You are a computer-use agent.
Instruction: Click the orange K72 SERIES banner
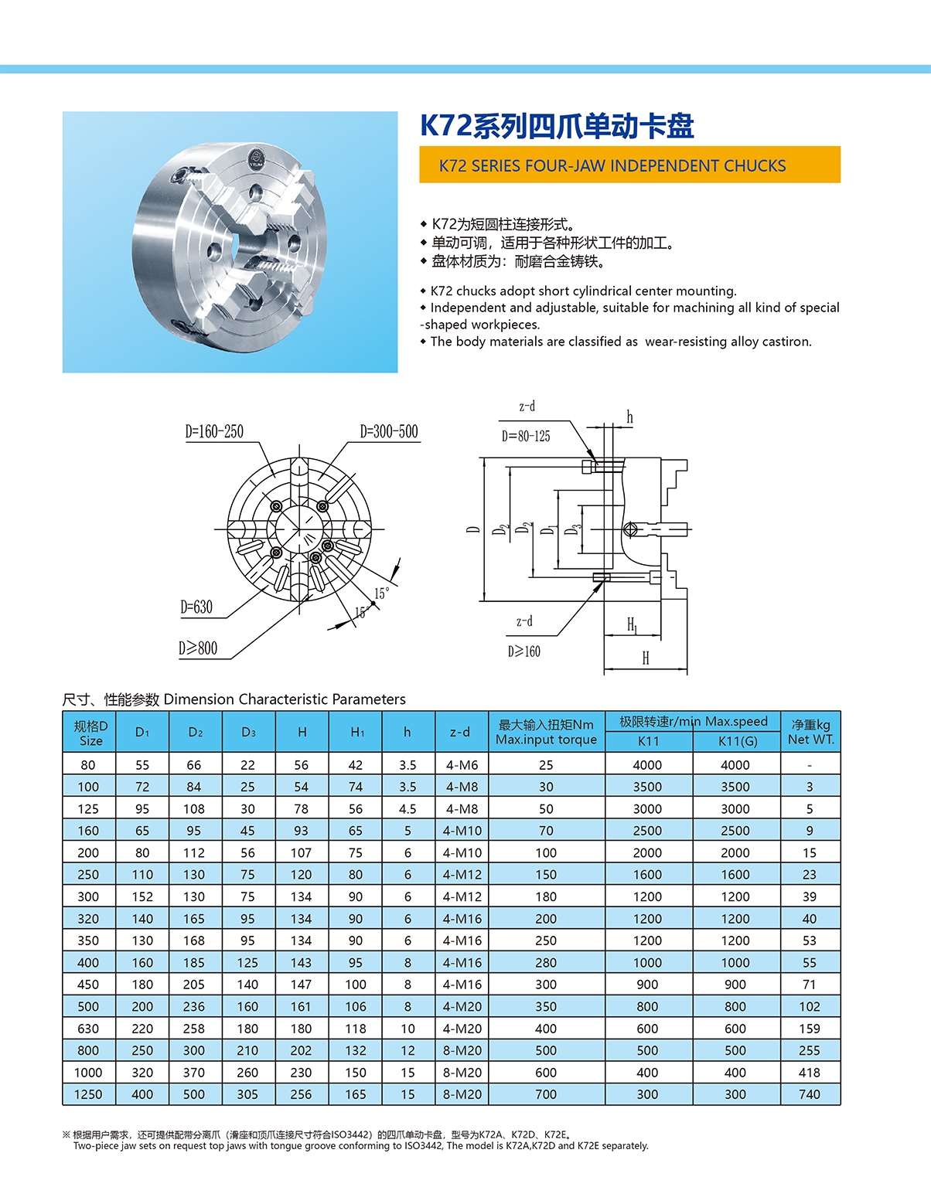[629, 165]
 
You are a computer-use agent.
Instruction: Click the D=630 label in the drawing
[196, 607]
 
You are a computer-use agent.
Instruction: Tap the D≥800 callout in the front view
[198, 648]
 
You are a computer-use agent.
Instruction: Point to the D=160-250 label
[214, 431]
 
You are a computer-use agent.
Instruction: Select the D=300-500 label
[389, 431]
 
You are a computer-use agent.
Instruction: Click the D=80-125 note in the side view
[526, 437]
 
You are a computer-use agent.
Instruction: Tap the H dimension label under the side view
[646, 658]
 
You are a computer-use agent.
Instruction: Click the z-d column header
[460, 732]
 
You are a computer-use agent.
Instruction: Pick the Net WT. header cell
[810, 732]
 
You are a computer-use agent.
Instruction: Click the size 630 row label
[88, 1029]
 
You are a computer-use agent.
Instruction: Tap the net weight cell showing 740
[810, 1094]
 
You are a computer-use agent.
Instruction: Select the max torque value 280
[546, 963]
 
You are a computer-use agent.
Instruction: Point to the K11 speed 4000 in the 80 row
[647, 765]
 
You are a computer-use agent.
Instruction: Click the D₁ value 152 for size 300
[142, 896]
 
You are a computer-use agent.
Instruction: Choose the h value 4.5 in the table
[408, 809]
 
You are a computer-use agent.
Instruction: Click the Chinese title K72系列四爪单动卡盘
[557, 126]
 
